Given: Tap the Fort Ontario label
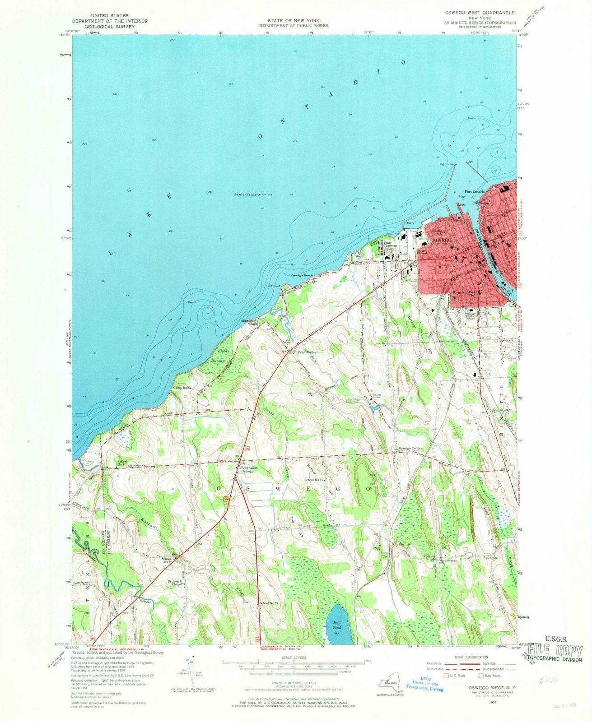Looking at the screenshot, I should (x=475, y=192).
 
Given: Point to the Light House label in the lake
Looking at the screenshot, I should (x=447, y=164).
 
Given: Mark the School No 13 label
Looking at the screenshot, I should (x=270, y=604).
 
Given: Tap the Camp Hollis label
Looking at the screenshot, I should (x=182, y=388).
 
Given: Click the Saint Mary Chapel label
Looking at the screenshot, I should (x=249, y=323).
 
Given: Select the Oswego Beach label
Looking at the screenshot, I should (x=302, y=275).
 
